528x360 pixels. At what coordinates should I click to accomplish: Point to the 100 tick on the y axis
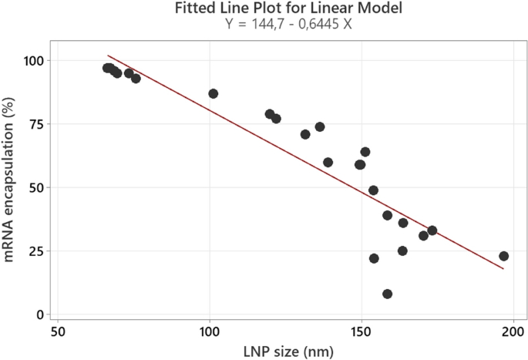click(x=33, y=60)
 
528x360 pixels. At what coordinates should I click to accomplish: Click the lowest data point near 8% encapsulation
click(x=387, y=294)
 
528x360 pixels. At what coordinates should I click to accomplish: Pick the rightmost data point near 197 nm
click(x=503, y=256)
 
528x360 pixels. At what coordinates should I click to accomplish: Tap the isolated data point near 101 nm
click(x=213, y=93)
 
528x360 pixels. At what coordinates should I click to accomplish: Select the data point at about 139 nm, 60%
click(x=328, y=162)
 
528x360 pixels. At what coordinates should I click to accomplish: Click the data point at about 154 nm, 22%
click(x=374, y=258)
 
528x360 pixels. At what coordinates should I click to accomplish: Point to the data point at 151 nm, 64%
click(x=365, y=152)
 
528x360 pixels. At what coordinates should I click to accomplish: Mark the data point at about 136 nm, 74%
click(x=320, y=126)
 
